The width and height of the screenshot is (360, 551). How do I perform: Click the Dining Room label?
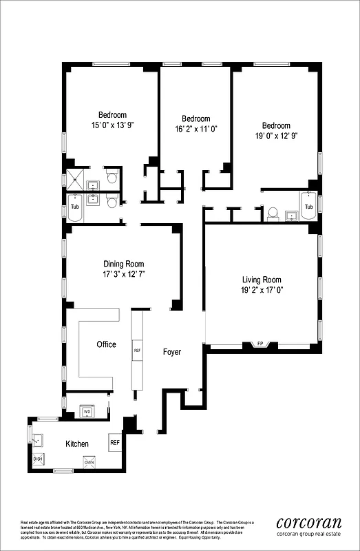pyautogui.click(x=124, y=264)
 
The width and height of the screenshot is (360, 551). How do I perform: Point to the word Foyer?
pyautogui.click(x=171, y=352)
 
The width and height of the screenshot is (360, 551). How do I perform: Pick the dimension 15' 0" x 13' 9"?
pyautogui.click(x=112, y=125)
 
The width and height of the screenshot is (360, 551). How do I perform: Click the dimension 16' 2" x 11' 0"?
pyautogui.click(x=195, y=129)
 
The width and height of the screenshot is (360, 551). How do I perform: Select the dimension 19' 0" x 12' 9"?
pyautogui.click(x=276, y=136)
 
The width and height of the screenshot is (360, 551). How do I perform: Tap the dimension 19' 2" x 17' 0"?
pyautogui.click(x=262, y=291)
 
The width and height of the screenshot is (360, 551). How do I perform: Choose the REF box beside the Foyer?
pyautogui.click(x=137, y=351)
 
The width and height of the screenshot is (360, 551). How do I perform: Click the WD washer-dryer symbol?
pyautogui.click(x=87, y=412)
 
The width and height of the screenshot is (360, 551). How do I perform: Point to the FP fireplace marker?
pyautogui.click(x=260, y=343)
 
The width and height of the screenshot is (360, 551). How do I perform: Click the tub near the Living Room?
pyautogui.click(x=308, y=207)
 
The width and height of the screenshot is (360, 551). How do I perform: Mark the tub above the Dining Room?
pyautogui.click(x=75, y=207)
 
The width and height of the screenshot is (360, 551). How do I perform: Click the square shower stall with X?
pyautogui.click(x=73, y=179)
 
